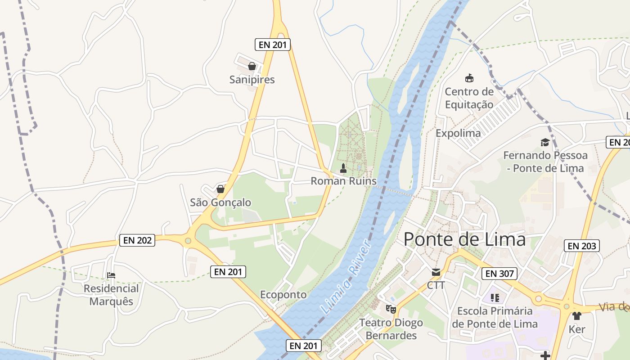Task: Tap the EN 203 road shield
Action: [582, 246]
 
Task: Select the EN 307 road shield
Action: [499, 274]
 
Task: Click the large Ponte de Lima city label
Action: [464, 239]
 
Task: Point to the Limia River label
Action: [346, 278]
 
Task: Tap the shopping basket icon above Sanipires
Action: [252, 67]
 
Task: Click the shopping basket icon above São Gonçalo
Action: [220, 189]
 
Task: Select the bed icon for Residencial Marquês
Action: [111, 275]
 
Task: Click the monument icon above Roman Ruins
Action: [343, 169]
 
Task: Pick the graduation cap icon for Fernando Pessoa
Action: [545, 143]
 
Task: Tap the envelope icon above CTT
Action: [436, 272]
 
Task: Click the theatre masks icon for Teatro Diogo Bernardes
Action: [391, 309]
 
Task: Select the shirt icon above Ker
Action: [577, 315]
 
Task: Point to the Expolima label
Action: [458, 133]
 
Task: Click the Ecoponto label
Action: [283, 295]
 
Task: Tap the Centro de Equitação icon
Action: [469, 78]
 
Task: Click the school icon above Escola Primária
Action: [495, 297]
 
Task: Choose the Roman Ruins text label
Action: [344, 181]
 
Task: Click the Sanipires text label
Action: [252, 80]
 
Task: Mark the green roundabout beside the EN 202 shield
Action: [188, 241]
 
